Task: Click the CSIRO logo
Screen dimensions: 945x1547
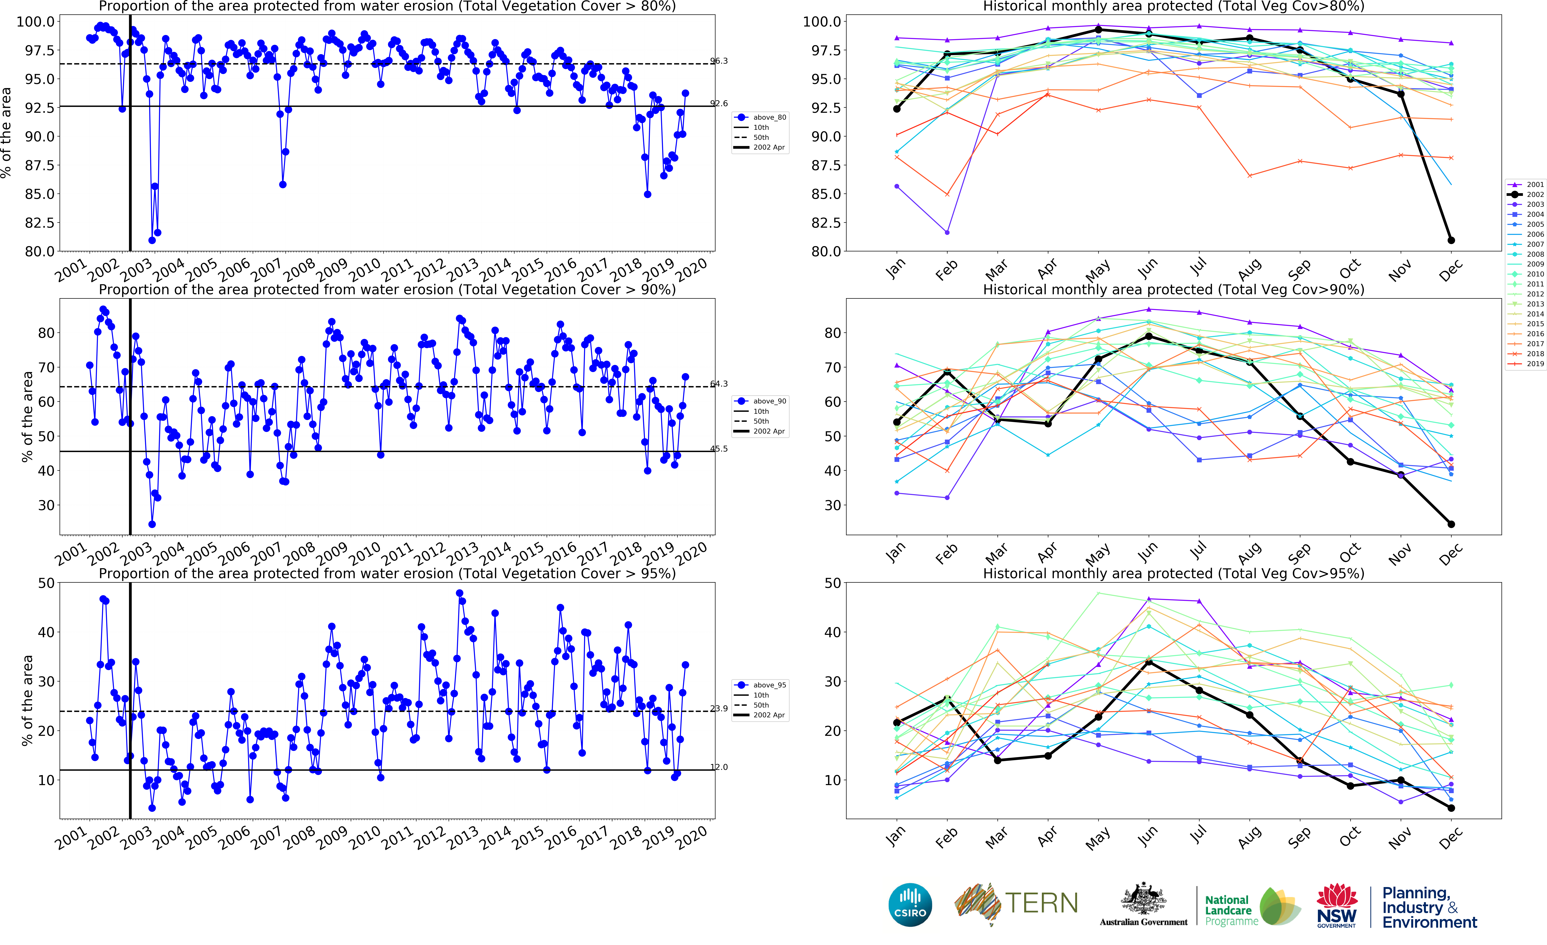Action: pos(910,905)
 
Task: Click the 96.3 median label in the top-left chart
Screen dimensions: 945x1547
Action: pos(719,61)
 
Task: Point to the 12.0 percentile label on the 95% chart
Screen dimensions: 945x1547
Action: pos(719,767)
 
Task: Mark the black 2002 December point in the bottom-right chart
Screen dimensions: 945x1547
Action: pos(1451,808)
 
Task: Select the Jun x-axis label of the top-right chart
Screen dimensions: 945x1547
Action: pos(1147,269)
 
